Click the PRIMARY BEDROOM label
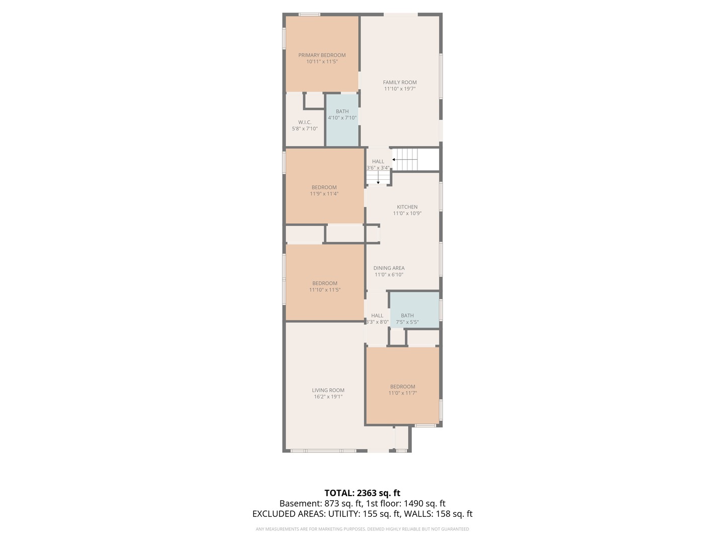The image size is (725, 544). tap(322, 55)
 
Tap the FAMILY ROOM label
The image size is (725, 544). tap(400, 83)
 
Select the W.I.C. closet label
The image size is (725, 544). tap(305, 122)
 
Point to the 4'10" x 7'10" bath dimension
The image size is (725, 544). tap(342, 118)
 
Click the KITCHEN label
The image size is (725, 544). tap(407, 207)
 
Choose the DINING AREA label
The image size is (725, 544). tap(389, 268)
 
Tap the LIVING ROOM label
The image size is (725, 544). tap(328, 390)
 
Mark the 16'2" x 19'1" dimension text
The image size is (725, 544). tap(328, 397)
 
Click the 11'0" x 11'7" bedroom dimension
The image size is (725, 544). tap(403, 393)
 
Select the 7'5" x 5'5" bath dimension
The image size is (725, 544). tap(407, 322)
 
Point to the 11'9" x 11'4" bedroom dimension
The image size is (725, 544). tap(324, 194)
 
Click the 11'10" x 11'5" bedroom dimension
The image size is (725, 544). tap(325, 290)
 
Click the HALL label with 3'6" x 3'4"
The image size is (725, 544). tap(378, 162)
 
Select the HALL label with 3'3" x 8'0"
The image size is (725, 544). tap(377, 316)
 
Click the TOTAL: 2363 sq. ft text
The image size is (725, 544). tap(362, 493)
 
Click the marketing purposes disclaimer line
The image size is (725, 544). tap(362, 529)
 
